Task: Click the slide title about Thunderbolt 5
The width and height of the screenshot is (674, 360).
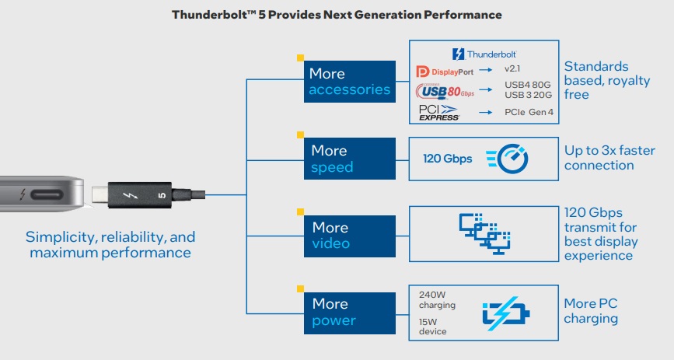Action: (x=337, y=15)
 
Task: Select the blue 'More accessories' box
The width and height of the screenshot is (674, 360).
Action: (x=349, y=82)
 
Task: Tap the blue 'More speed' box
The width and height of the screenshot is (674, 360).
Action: (x=349, y=159)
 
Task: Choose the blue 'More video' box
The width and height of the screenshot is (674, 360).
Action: (x=349, y=236)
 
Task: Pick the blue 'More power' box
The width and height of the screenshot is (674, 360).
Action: (x=349, y=312)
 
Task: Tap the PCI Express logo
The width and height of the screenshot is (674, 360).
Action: (x=439, y=112)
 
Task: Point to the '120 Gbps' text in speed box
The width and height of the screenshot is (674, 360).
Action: (x=447, y=159)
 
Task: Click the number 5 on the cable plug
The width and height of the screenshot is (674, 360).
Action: (x=161, y=195)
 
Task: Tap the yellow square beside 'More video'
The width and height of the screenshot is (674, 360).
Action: (x=300, y=211)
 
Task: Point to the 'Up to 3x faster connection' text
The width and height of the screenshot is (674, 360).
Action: (x=599, y=158)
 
